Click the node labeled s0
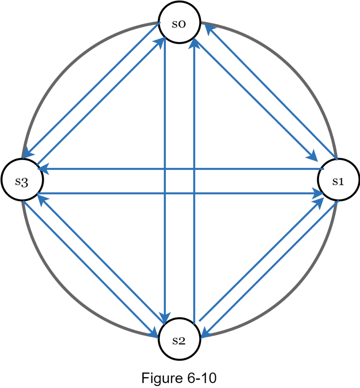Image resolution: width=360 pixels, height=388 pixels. point(179,24)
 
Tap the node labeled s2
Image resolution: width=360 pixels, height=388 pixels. point(179,340)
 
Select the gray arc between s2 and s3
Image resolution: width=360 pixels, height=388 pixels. point(70,294)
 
